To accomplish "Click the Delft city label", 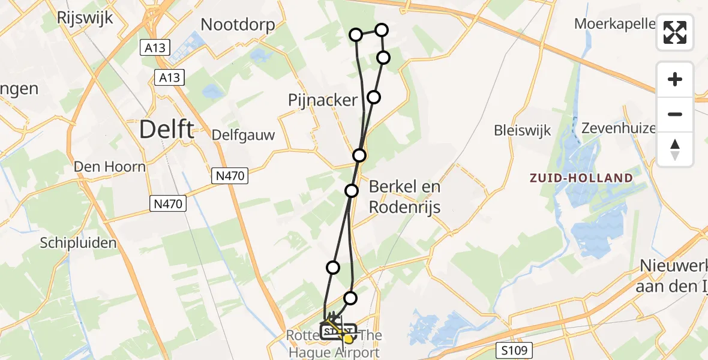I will click(167, 130).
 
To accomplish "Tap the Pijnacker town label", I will click(323, 100).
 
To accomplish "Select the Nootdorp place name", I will click(238, 25).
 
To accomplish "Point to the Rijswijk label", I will click(85, 17).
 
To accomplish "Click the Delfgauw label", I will click(244, 135).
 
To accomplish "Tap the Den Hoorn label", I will click(110, 166).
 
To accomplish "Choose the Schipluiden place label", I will click(79, 243).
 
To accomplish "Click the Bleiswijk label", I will click(522, 131).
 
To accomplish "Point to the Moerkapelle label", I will click(614, 23).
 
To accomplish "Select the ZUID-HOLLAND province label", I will click(581, 178).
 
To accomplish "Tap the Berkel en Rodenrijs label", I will click(404, 197).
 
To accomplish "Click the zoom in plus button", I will click(675, 80).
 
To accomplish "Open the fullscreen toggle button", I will click(675, 32).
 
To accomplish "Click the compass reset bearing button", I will click(675, 149).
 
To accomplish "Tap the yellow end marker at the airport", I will click(347, 339).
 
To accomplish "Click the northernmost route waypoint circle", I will click(382, 30).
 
